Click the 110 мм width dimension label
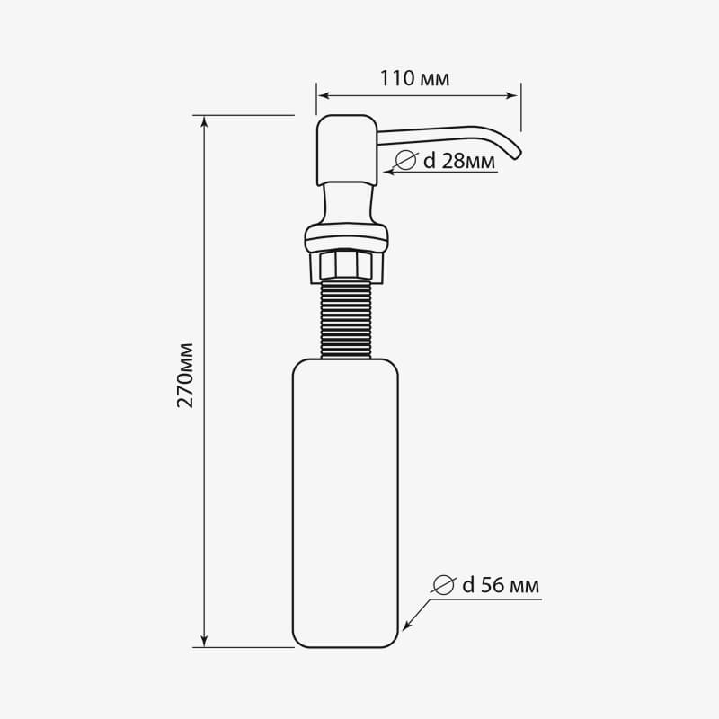pyautogui.click(x=414, y=78)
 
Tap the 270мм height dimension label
pyautogui.click(x=185, y=375)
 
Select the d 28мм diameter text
pyautogui.click(x=459, y=161)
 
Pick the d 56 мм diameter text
pyautogui.click(x=501, y=585)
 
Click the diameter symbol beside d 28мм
pyautogui.click(x=406, y=160)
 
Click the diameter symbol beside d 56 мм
pyautogui.click(x=444, y=585)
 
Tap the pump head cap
pyautogui.click(x=347, y=150)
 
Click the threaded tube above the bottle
pyautogui.click(x=345, y=319)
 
